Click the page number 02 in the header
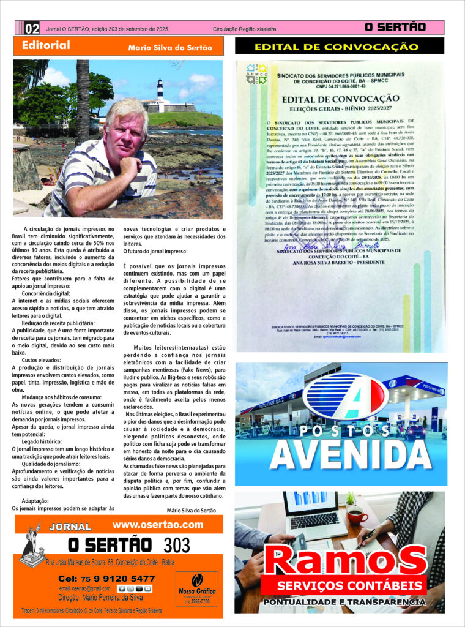pos(32,28)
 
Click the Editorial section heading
pos(46,45)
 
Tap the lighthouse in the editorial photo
pos(160,92)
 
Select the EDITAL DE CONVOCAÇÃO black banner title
pos(340,47)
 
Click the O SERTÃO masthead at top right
pos(395,28)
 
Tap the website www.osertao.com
pos(157,525)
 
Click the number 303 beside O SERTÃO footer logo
pos(177,544)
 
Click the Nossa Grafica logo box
pos(196,588)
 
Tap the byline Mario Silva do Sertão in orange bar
pos(170,48)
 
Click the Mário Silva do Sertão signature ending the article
pos(191,510)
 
